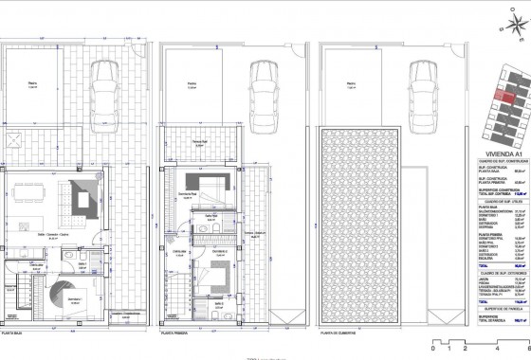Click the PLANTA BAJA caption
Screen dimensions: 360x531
point(18,334)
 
